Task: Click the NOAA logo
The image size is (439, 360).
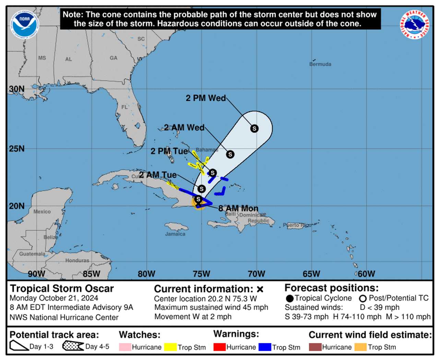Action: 24,24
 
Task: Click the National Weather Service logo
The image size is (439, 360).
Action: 414,24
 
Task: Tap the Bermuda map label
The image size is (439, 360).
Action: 320,64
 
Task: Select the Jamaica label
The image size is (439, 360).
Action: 175,234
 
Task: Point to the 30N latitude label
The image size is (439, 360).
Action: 17,89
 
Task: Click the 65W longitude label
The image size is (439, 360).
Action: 311,274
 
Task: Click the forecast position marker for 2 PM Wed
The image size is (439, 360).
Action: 254,129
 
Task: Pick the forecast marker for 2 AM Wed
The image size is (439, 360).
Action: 230,154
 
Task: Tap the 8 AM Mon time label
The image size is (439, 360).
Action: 238,208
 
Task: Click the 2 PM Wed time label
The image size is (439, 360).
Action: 206,98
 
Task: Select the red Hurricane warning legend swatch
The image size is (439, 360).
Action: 219,347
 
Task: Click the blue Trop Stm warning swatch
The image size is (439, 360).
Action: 265,347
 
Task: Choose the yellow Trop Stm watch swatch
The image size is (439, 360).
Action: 170,347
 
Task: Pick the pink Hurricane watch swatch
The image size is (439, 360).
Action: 125,347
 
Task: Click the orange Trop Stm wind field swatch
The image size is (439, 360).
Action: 360,347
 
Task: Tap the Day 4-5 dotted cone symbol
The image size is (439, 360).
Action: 73,346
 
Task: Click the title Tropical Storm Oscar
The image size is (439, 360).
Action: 62,289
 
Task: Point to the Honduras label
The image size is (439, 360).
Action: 77,261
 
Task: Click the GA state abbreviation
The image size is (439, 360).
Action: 114,58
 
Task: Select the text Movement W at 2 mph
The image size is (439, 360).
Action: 193,316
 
